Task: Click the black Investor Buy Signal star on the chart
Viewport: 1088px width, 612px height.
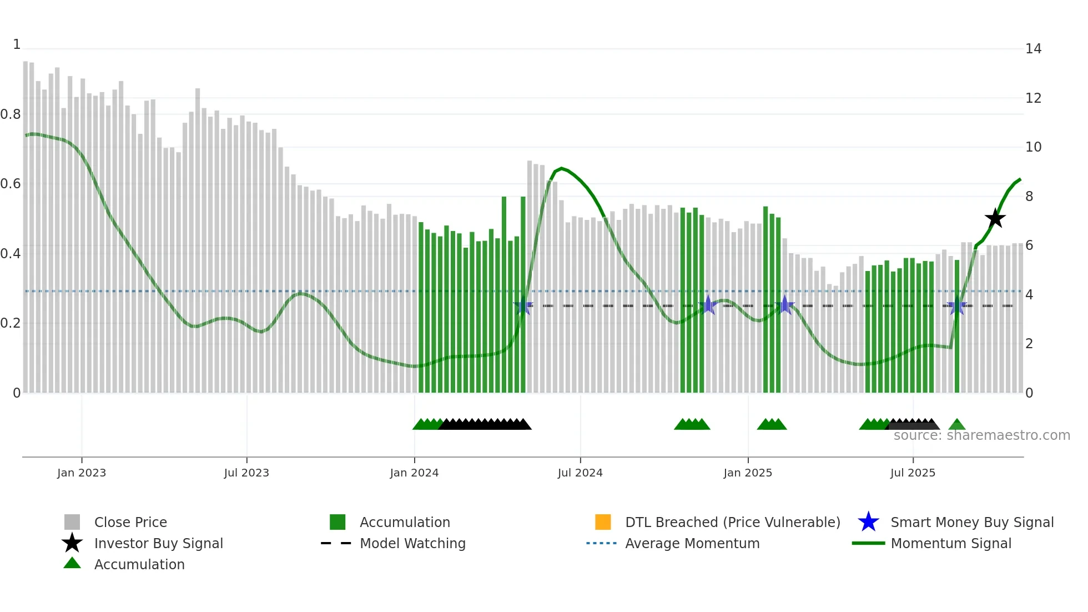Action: pos(995,218)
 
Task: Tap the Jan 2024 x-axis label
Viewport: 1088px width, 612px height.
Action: pos(414,473)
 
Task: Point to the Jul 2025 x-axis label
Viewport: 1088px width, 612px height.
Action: pos(913,473)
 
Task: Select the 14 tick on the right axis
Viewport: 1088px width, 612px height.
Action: pos(1033,49)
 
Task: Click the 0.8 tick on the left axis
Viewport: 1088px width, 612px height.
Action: pos(11,114)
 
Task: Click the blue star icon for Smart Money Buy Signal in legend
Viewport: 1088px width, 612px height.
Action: pos(868,522)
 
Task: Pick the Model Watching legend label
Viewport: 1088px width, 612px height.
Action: pos(412,543)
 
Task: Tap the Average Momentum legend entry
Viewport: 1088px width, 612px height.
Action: pos(692,543)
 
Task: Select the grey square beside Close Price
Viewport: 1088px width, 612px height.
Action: pos(72,522)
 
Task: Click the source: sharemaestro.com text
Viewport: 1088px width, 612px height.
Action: pos(981,435)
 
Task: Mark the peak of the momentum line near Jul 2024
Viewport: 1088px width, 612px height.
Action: pos(562,168)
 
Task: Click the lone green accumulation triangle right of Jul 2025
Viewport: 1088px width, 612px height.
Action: pos(957,424)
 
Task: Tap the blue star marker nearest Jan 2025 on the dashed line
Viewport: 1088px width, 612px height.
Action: pos(708,305)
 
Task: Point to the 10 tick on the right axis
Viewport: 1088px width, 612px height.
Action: pos(1033,147)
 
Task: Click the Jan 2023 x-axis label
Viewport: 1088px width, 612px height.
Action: pos(82,473)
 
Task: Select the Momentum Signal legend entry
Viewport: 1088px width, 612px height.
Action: pos(950,543)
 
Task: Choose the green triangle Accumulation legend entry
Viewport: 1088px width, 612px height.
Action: pos(139,564)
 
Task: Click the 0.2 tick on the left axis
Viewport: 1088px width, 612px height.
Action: pos(11,323)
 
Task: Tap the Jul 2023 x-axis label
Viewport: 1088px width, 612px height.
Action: pos(246,473)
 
